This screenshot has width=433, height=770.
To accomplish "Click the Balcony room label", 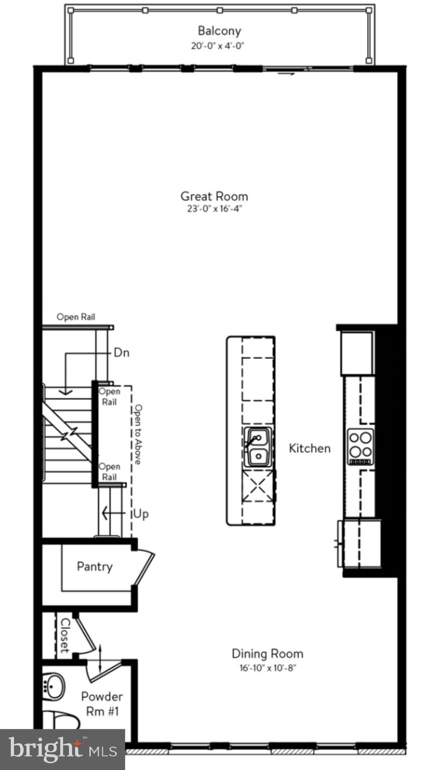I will pyautogui.click(x=219, y=31).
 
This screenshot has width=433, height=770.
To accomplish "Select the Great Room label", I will pyautogui.click(x=214, y=196).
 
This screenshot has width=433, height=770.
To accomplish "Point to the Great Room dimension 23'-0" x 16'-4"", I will pyautogui.click(x=214, y=209).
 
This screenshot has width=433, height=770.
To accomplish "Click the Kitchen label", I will pyautogui.click(x=309, y=448).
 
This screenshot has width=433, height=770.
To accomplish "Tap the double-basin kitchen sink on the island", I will pyautogui.click(x=258, y=447).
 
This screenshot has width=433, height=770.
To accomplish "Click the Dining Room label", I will pyautogui.click(x=267, y=654).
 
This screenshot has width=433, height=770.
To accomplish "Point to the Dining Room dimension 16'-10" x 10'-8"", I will pyautogui.click(x=267, y=668).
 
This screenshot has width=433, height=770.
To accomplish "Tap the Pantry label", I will pyautogui.click(x=94, y=566).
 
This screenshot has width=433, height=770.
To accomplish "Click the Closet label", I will pyautogui.click(x=65, y=635).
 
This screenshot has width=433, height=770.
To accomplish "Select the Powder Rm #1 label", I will pyautogui.click(x=102, y=703).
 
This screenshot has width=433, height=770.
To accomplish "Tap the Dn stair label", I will pyautogui.click(x=121, y=352).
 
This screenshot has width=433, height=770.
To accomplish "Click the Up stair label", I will pyautogui.click(x=141, y=514).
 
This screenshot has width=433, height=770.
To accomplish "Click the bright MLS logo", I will pyautogui.click(x=62, y=749).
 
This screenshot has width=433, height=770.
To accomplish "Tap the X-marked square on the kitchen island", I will pyautogui.click(x=259, y=486).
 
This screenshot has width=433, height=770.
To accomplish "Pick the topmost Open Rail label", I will pyautogui.click(x=76, y=317).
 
